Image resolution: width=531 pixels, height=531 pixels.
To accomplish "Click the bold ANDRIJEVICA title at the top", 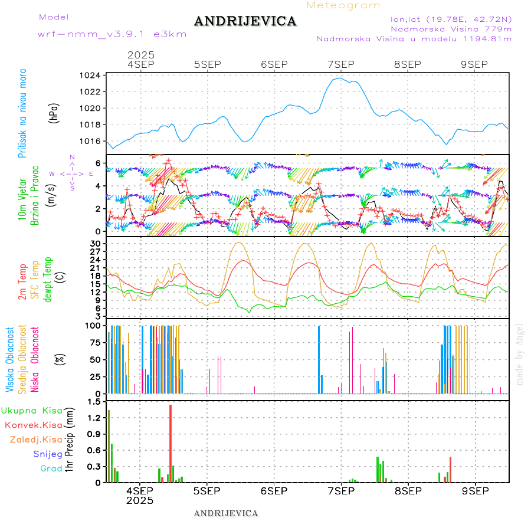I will pos(245,21).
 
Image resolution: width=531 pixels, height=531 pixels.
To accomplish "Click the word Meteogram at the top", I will pos(343,5).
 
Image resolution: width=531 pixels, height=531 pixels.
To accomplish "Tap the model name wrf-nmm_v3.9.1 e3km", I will pos(112,34).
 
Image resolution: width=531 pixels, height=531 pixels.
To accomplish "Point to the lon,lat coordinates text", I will pos(446,18).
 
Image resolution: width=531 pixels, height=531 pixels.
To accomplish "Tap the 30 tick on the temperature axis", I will pos(95,243).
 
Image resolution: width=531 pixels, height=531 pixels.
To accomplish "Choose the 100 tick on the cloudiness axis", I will pos(93,325).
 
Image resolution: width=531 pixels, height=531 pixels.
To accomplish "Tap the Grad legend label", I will pos(51,468).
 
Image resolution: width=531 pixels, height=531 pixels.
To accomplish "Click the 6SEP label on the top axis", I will pos(273,64).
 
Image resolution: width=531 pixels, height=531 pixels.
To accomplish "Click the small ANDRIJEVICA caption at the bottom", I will pos(226,513).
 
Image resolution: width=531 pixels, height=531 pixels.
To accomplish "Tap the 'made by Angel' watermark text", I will pos(520,354).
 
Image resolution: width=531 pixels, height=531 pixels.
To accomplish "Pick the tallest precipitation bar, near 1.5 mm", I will pos(171,443).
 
